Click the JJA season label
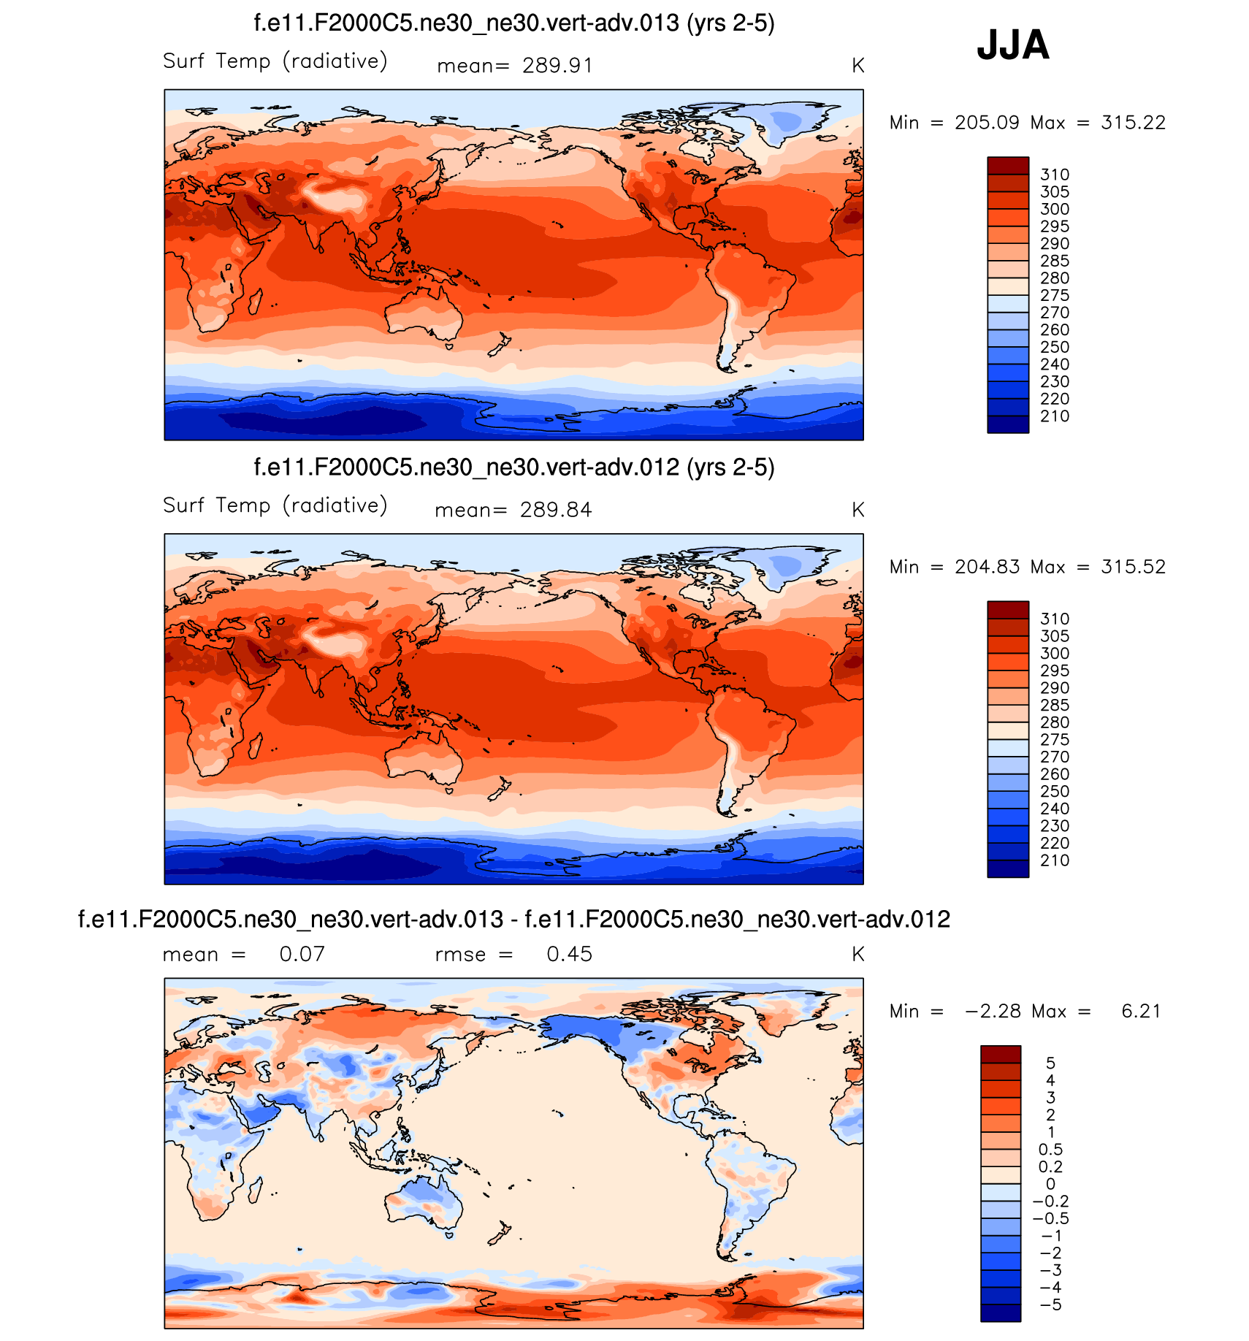click(1012, 45)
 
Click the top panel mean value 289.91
click(557, 66)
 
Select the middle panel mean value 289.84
click(555, 510)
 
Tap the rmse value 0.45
click(569, 954)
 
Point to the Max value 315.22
click(1133, 123)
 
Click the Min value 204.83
click(987, 567)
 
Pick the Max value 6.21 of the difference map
click(1140, 1011)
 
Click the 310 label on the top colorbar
click(1055, 175)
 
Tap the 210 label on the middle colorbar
click(1055, 860)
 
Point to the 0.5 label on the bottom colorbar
click(1050, 1150)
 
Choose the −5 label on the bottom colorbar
click(1050, 1305)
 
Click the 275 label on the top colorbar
click(1055, 295)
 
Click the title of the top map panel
click(513, 23)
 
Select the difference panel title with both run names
click(513, 919)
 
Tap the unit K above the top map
click(858, 66)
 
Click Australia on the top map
click(422, 314)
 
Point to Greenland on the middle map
click(786, 567)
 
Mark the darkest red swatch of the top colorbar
click(1008, 165)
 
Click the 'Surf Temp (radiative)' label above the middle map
click(275, 505)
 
